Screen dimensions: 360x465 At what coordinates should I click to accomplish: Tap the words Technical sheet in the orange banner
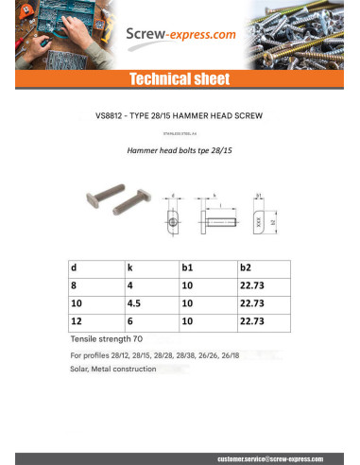180,79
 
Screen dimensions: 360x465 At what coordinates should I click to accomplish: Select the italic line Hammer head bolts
180,149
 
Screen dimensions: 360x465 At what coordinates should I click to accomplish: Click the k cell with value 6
129,321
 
